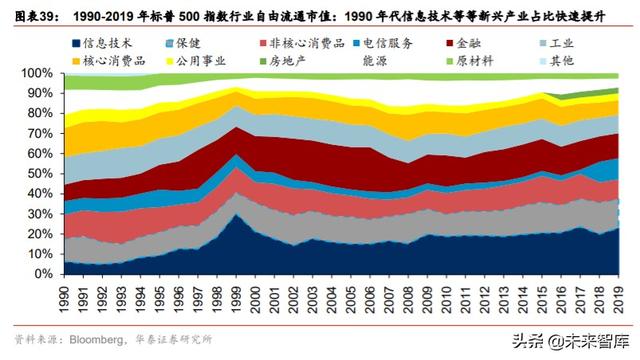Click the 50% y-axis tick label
(x=38, y=174)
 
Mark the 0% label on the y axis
(x=42, y=274)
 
